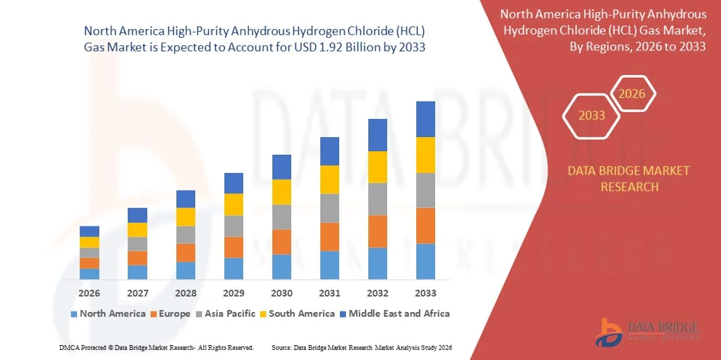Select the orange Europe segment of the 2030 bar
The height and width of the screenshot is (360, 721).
282,242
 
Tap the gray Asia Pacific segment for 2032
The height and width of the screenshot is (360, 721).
378,199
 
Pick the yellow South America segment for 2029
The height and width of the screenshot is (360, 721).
234,204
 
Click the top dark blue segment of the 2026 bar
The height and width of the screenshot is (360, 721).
89,231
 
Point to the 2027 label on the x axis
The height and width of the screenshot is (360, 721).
137,293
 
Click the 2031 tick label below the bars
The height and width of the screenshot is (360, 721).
330,293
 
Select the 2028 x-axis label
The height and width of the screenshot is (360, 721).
186,293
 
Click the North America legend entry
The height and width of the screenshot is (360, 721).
107,313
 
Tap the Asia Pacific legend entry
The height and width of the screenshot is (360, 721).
225,313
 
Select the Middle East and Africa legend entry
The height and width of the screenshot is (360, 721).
395,313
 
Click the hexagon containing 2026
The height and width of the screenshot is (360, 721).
632,94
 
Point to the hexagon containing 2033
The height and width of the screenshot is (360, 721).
592,115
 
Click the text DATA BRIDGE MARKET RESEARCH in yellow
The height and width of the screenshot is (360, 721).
629,178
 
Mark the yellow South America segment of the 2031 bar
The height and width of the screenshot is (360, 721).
330,180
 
